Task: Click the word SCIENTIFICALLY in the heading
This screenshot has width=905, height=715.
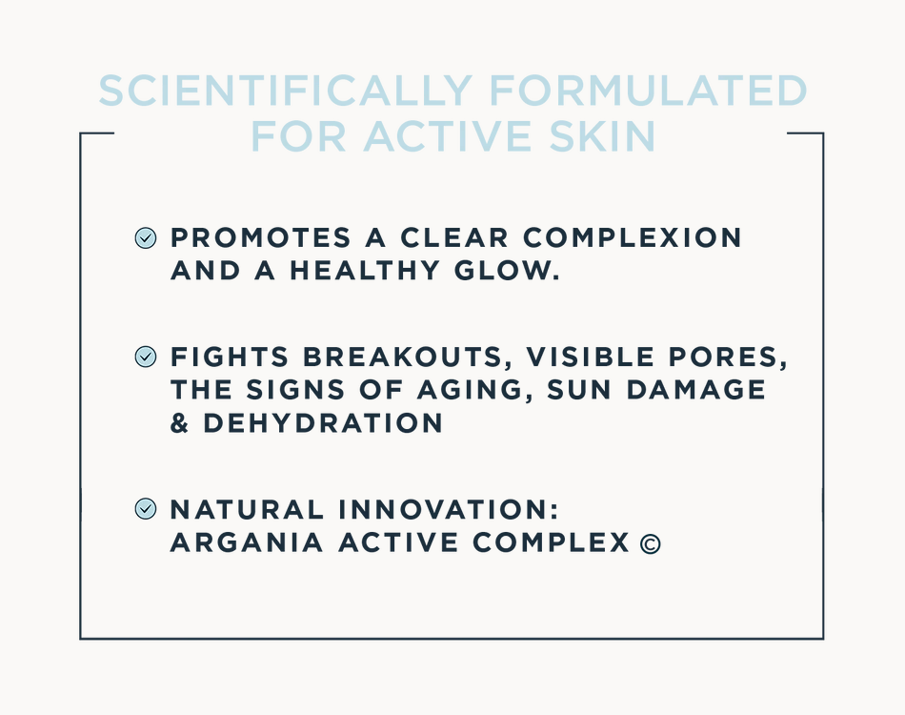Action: [x=286, y=91]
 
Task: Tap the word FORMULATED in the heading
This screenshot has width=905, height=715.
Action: [x=648, y=91]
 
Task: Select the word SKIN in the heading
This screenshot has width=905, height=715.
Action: [x=603, y=137]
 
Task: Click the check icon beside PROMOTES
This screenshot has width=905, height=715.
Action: [x=146, y=238]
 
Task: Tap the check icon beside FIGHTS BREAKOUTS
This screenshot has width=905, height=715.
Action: [x=146, y=357]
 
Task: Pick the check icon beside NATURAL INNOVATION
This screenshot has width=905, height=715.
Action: [x=146, y=509]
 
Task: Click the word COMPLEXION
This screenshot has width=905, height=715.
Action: [x=632, y=238]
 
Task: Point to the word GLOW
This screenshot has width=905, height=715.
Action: [x=507, y=271]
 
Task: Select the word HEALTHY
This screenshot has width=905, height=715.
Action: [x=364, y=271]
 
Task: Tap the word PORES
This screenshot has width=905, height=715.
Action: [x=728, y=357]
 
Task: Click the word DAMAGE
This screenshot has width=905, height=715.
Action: [x=696, y=390]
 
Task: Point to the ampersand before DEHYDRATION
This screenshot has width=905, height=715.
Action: [x=179, y=423]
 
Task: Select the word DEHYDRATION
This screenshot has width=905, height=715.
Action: [x=323, y=423]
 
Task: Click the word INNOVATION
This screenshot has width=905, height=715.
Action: [x=449, y=509]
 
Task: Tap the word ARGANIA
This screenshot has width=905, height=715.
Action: [x=247, y=542]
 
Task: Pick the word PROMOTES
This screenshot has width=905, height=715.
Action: [x=260, y=238]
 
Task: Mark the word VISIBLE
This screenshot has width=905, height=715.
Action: [x=590, y=357]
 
